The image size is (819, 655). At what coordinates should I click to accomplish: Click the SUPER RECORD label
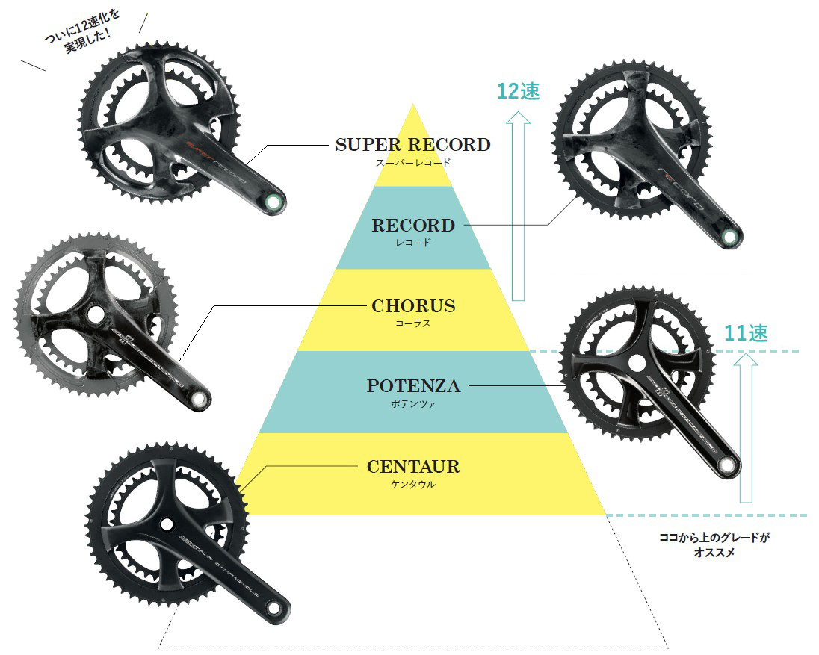pos(412,145)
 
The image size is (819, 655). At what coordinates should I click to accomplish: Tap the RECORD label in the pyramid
pos(412,226)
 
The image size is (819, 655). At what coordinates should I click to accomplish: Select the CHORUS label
pos(412,306)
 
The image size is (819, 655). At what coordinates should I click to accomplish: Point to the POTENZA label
pos(412,386)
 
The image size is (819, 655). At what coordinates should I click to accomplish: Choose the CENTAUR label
pos(412,468)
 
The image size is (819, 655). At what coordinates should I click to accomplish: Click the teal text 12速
pos(519,91)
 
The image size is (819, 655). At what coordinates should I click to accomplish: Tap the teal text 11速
pos(747,333)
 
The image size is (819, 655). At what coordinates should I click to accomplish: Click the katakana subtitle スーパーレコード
pos(412,161)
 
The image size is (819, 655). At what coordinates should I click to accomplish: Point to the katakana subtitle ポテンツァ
pos(412,403)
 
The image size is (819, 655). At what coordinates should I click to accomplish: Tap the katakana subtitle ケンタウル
pos(412,484)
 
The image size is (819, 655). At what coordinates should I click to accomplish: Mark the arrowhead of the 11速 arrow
pos(745,359)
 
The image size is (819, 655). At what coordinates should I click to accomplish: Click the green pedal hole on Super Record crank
pos(274,201)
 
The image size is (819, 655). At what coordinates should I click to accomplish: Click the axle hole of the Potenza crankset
pos(637,363)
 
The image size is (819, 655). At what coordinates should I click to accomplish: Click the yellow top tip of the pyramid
pos(412,119)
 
